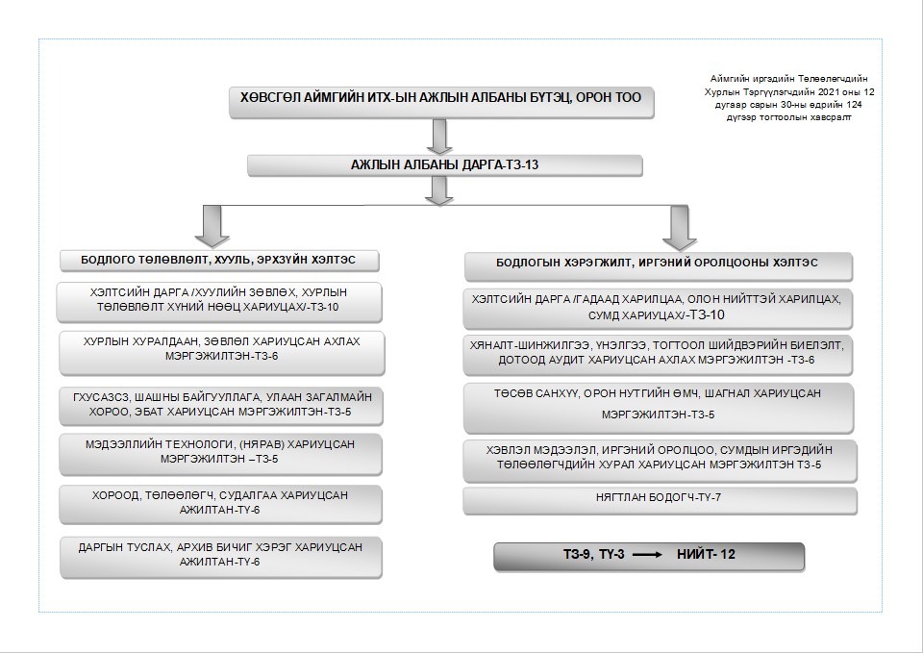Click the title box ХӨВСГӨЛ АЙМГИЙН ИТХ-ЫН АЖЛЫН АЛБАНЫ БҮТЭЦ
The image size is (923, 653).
(x=441, y=103)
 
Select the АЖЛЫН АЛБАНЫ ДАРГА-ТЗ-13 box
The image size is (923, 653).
(x=444, y=165)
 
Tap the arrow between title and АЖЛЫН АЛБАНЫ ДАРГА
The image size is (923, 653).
(x=439, y=137)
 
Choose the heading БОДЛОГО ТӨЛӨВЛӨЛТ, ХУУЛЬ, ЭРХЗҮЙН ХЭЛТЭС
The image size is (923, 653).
(x=219, y=261)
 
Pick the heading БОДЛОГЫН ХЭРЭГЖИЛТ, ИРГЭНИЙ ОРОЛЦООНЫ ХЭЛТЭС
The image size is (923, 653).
(x=658, y=266)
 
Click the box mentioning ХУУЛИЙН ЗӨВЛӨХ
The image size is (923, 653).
(x=219, y=303)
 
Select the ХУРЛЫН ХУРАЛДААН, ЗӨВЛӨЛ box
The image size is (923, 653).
(x=221, y=353)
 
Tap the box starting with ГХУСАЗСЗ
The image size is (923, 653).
(x=221, y=406)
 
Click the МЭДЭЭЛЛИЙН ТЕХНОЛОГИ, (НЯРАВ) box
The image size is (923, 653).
(x=220, y=454)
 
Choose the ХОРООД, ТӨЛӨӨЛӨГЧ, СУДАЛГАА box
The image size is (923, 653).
(x=220, y=505)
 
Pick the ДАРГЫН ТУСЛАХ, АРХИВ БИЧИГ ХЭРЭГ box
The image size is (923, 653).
(x=221, y=557)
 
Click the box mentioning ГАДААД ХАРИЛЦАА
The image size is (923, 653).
(x=658, y=309)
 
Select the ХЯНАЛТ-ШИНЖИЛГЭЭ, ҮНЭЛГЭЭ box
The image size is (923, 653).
(x=658, y=355)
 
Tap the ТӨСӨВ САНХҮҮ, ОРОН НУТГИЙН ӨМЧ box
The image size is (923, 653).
(x=658, y=408)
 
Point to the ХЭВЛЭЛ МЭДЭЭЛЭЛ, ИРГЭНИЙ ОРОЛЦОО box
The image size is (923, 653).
(x=660, y=461)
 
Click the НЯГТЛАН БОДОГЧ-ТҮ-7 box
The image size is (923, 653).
(x=660, y=500)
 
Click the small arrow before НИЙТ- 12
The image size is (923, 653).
(x=647, y=555)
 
